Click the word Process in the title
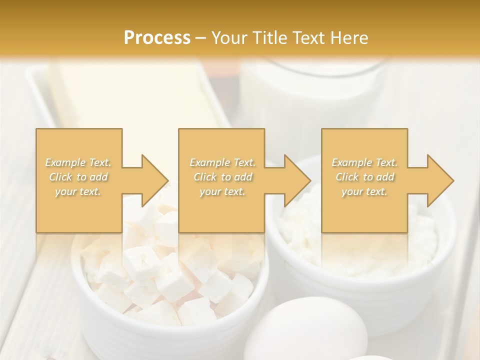[x=157, y=38]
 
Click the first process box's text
[x=78, y=177]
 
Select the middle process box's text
[x=222, y=177]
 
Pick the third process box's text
[x=364, y=177]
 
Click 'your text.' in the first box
[x=78, y=191]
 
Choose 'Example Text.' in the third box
[x=364, y=162]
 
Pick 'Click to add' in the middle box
[x=222, y=177]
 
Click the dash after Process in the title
[x=201, y=38]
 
